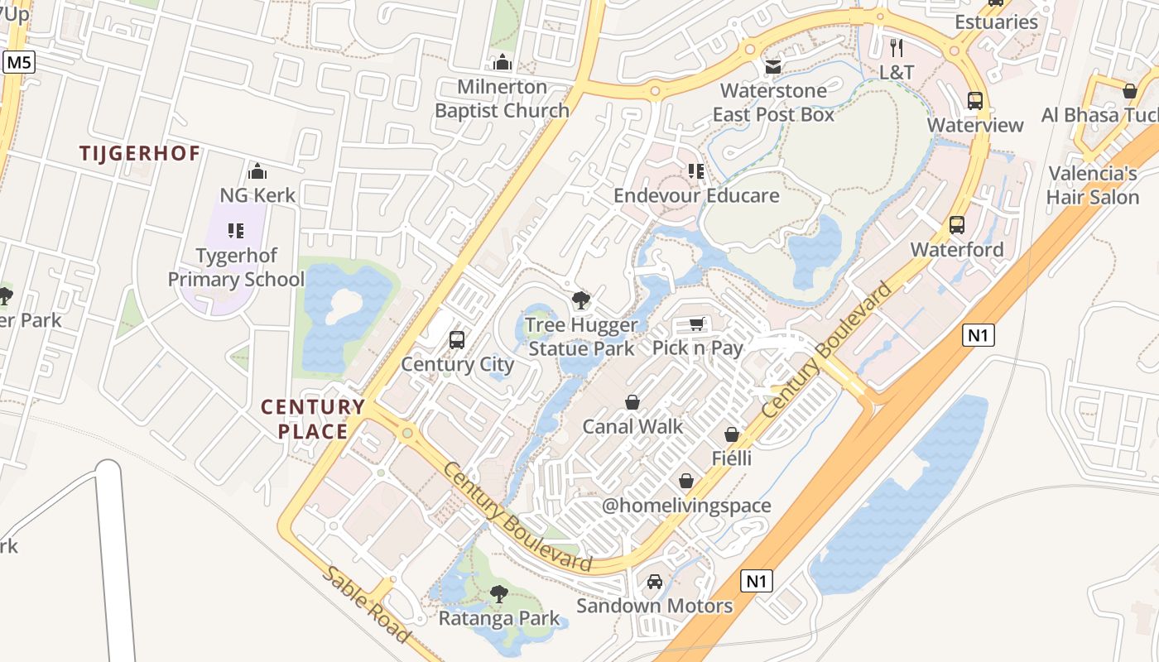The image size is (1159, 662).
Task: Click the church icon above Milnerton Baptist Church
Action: (502, 62)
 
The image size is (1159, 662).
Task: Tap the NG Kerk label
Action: (257, 196)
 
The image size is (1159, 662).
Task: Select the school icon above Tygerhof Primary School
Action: (236, 230)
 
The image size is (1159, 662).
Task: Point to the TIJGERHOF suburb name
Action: (140, 153)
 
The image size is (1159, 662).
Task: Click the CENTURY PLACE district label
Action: (313, 419)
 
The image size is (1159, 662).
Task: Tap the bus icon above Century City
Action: (456, 339)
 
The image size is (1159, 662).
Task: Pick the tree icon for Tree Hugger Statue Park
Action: (581, 300)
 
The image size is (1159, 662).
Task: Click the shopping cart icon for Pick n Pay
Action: (696, 324)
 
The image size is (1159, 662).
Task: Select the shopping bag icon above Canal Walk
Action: (632, 402)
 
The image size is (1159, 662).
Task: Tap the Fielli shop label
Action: (732, 458)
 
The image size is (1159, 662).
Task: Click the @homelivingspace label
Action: (686, 506)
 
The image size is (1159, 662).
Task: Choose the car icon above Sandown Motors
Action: (655, 582)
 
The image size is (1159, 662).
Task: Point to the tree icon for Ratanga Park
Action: (498, 593)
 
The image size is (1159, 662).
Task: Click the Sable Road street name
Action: (366, 605)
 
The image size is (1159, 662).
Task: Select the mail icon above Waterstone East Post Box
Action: (773, 66)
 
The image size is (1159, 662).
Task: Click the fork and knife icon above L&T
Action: (896, 48)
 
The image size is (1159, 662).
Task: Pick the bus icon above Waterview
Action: (975, 101)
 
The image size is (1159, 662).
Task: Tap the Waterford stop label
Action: (957, 250)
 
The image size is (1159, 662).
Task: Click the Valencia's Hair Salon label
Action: (1093, 185)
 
